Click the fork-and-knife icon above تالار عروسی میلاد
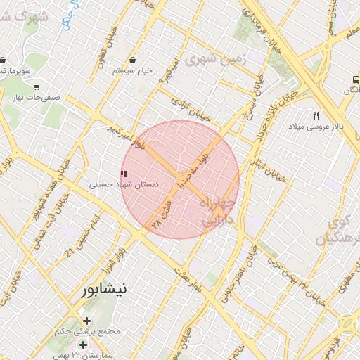[x=316, y=115]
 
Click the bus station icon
[x=356, y=80]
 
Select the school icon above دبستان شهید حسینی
[x=124, y=174]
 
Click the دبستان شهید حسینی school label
[x=124, y=184]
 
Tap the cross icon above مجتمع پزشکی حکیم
[x=86, y=321]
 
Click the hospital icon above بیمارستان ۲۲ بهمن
[x=84, y=344]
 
